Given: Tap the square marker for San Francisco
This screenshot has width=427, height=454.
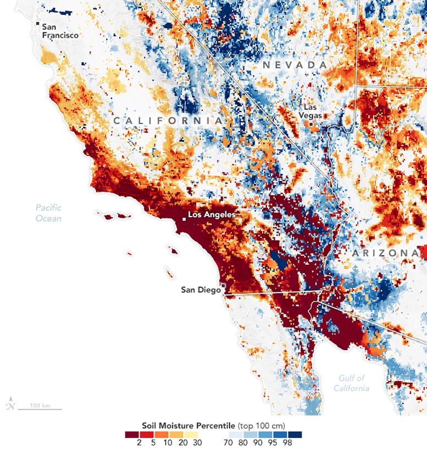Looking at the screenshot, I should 38,24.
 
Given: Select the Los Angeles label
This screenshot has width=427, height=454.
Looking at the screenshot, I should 212,215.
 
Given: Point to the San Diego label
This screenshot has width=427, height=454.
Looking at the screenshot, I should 201,290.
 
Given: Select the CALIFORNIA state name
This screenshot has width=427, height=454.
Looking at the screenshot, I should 168,120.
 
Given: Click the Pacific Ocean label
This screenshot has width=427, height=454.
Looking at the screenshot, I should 48,213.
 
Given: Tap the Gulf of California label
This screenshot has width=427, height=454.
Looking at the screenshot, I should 351,383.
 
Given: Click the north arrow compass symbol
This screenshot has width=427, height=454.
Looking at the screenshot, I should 10,405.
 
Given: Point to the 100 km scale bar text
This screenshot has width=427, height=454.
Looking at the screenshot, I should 40,406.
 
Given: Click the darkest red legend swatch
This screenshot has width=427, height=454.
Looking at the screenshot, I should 131,434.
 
